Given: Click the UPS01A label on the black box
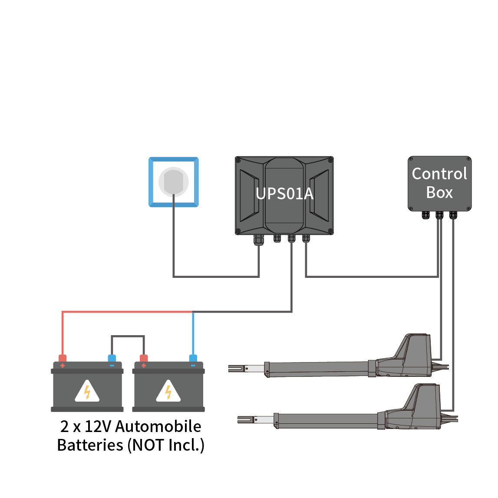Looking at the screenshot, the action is point(284,193).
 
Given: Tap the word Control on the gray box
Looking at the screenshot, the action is point(439,174).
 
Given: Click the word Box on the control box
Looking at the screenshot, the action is point(439,192).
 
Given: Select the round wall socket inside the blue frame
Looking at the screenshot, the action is point(173,182).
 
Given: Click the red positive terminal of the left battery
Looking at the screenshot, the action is point(63,359).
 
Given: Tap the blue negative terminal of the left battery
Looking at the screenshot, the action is point(112,359).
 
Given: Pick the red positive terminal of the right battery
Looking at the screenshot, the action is point(144,359).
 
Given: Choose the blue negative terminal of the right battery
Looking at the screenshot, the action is point(193,359).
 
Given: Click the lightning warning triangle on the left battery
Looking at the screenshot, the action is point(87,392).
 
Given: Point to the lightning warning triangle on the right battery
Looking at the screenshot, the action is point(168,392).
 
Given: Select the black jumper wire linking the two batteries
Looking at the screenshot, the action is point(128,336).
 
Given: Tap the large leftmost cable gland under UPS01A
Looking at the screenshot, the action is point(259,240).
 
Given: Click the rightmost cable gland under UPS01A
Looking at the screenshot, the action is point(306,238).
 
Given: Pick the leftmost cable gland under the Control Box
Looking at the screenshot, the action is point(425,215).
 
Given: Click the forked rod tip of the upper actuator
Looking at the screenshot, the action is point(237,369).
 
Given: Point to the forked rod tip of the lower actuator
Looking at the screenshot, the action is point(246,420).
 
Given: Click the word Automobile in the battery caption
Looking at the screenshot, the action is point(158,426).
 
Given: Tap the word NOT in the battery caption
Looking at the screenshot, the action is point(148,445).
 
